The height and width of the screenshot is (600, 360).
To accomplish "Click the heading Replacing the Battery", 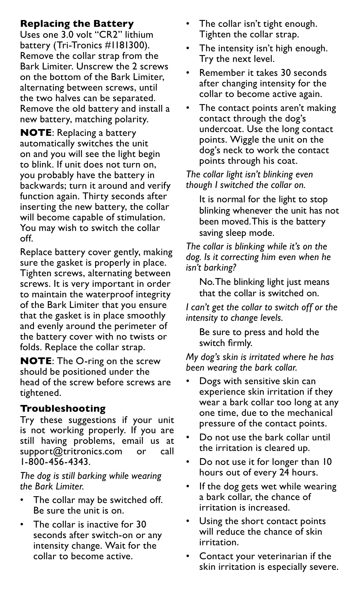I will pyautogui.click(x=77, y=24).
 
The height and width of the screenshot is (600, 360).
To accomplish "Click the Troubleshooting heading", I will pyautogui.click(x=63, y=409).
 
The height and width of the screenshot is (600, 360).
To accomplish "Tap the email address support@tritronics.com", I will pyautogui.click(x=71, y=451).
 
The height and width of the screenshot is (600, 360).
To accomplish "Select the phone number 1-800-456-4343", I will pyautogui.click(x=54, y=462).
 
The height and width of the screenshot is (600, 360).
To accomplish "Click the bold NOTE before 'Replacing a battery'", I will pyautogui.click(x=36, y=133).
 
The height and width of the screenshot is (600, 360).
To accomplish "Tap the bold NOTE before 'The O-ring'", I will pyautogui.click(x=36, y=361).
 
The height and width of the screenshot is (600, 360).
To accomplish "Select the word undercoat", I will pyautogui.click(x=222, y=129).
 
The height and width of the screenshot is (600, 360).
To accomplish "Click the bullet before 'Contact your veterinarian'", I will pyautogui.click(x=188, y=556).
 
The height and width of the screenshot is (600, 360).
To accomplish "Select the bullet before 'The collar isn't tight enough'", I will pyautogui.click(x=188, y=24).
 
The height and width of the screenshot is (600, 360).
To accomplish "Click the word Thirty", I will pyautogui.click(x=95, y=196).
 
